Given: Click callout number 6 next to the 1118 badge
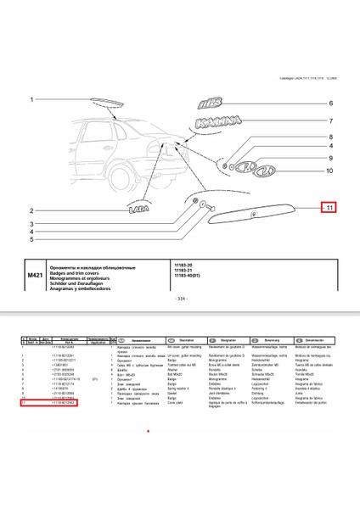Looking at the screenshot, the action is click(330, 103).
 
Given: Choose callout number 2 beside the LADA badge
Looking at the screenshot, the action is click(31, 210).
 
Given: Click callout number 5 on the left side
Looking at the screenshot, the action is click(31, 240).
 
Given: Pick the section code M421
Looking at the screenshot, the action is click(35, 277).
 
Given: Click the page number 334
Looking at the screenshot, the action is click(179, 299).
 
